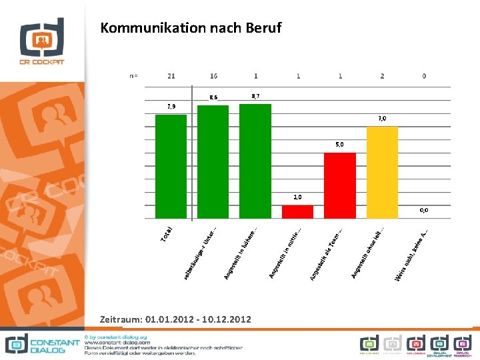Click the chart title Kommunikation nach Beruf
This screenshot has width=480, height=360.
(191, 28)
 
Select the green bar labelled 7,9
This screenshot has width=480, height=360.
(171, 167)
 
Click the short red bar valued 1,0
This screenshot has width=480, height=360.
(297, 211)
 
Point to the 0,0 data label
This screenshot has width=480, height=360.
(424, 210)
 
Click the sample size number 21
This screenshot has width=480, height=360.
(171, 76)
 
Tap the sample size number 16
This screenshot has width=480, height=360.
(213, 76)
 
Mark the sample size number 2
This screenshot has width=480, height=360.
(382, 76)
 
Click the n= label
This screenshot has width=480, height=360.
(133, 76)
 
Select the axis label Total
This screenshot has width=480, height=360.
(167, 234)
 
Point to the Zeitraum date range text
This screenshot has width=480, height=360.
(175, 320)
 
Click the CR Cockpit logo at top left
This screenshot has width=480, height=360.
(42, 41)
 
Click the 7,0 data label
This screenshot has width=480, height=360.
(382, 119)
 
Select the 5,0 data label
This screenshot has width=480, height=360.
(340, 145)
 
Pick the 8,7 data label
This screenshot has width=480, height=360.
(255, 97)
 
